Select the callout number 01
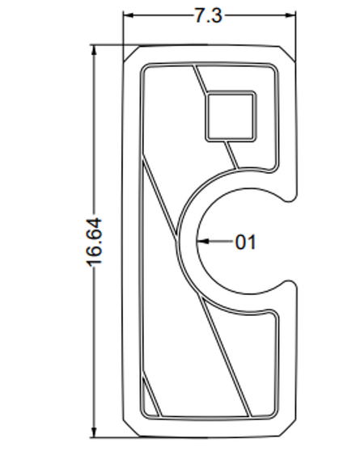245,241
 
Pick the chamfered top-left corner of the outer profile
130,53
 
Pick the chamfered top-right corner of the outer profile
290,53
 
